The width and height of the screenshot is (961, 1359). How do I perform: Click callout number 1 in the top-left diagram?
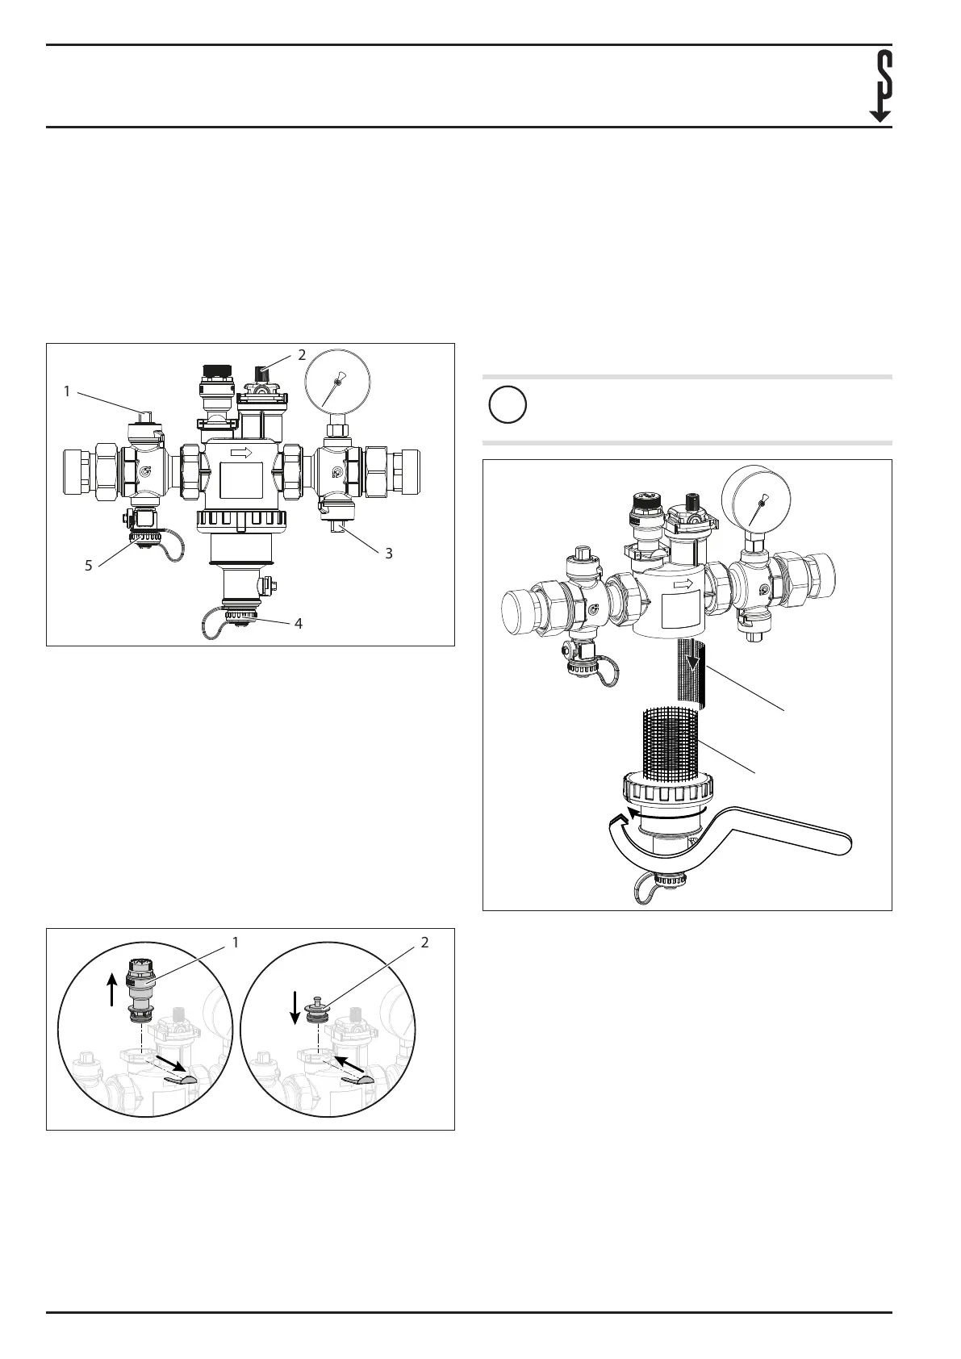pyautogui.click(x=68, y=391)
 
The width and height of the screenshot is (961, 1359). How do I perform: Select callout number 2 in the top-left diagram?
pyautogui.click(x=302, y=353)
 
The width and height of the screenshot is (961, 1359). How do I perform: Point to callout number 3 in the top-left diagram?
pyautogui.click(x=388, y=554)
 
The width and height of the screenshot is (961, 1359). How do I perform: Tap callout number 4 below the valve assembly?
pyautogui.click(x=299, y=624)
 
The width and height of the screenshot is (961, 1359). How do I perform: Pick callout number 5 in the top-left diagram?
pyautogui.click(x=89, y=566)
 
